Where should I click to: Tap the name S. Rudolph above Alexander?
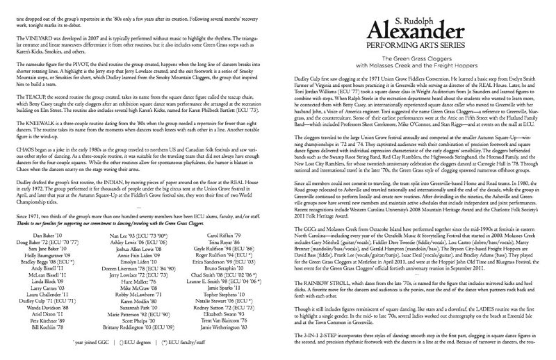tap(417, 10)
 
